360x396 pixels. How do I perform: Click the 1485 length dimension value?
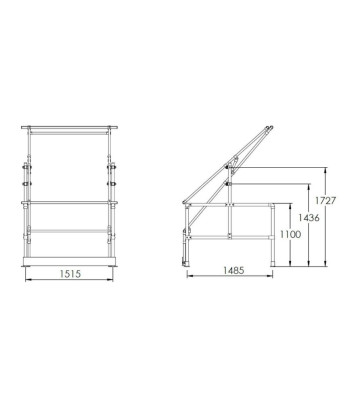[234, 271]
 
